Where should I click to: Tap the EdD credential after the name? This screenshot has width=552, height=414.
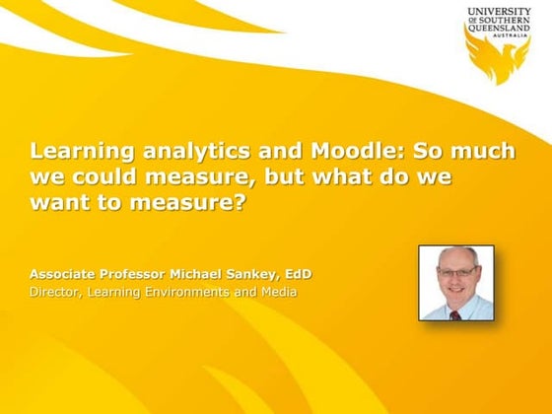tap(297, 272)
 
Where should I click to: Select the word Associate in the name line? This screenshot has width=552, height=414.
tap(62, 272)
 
